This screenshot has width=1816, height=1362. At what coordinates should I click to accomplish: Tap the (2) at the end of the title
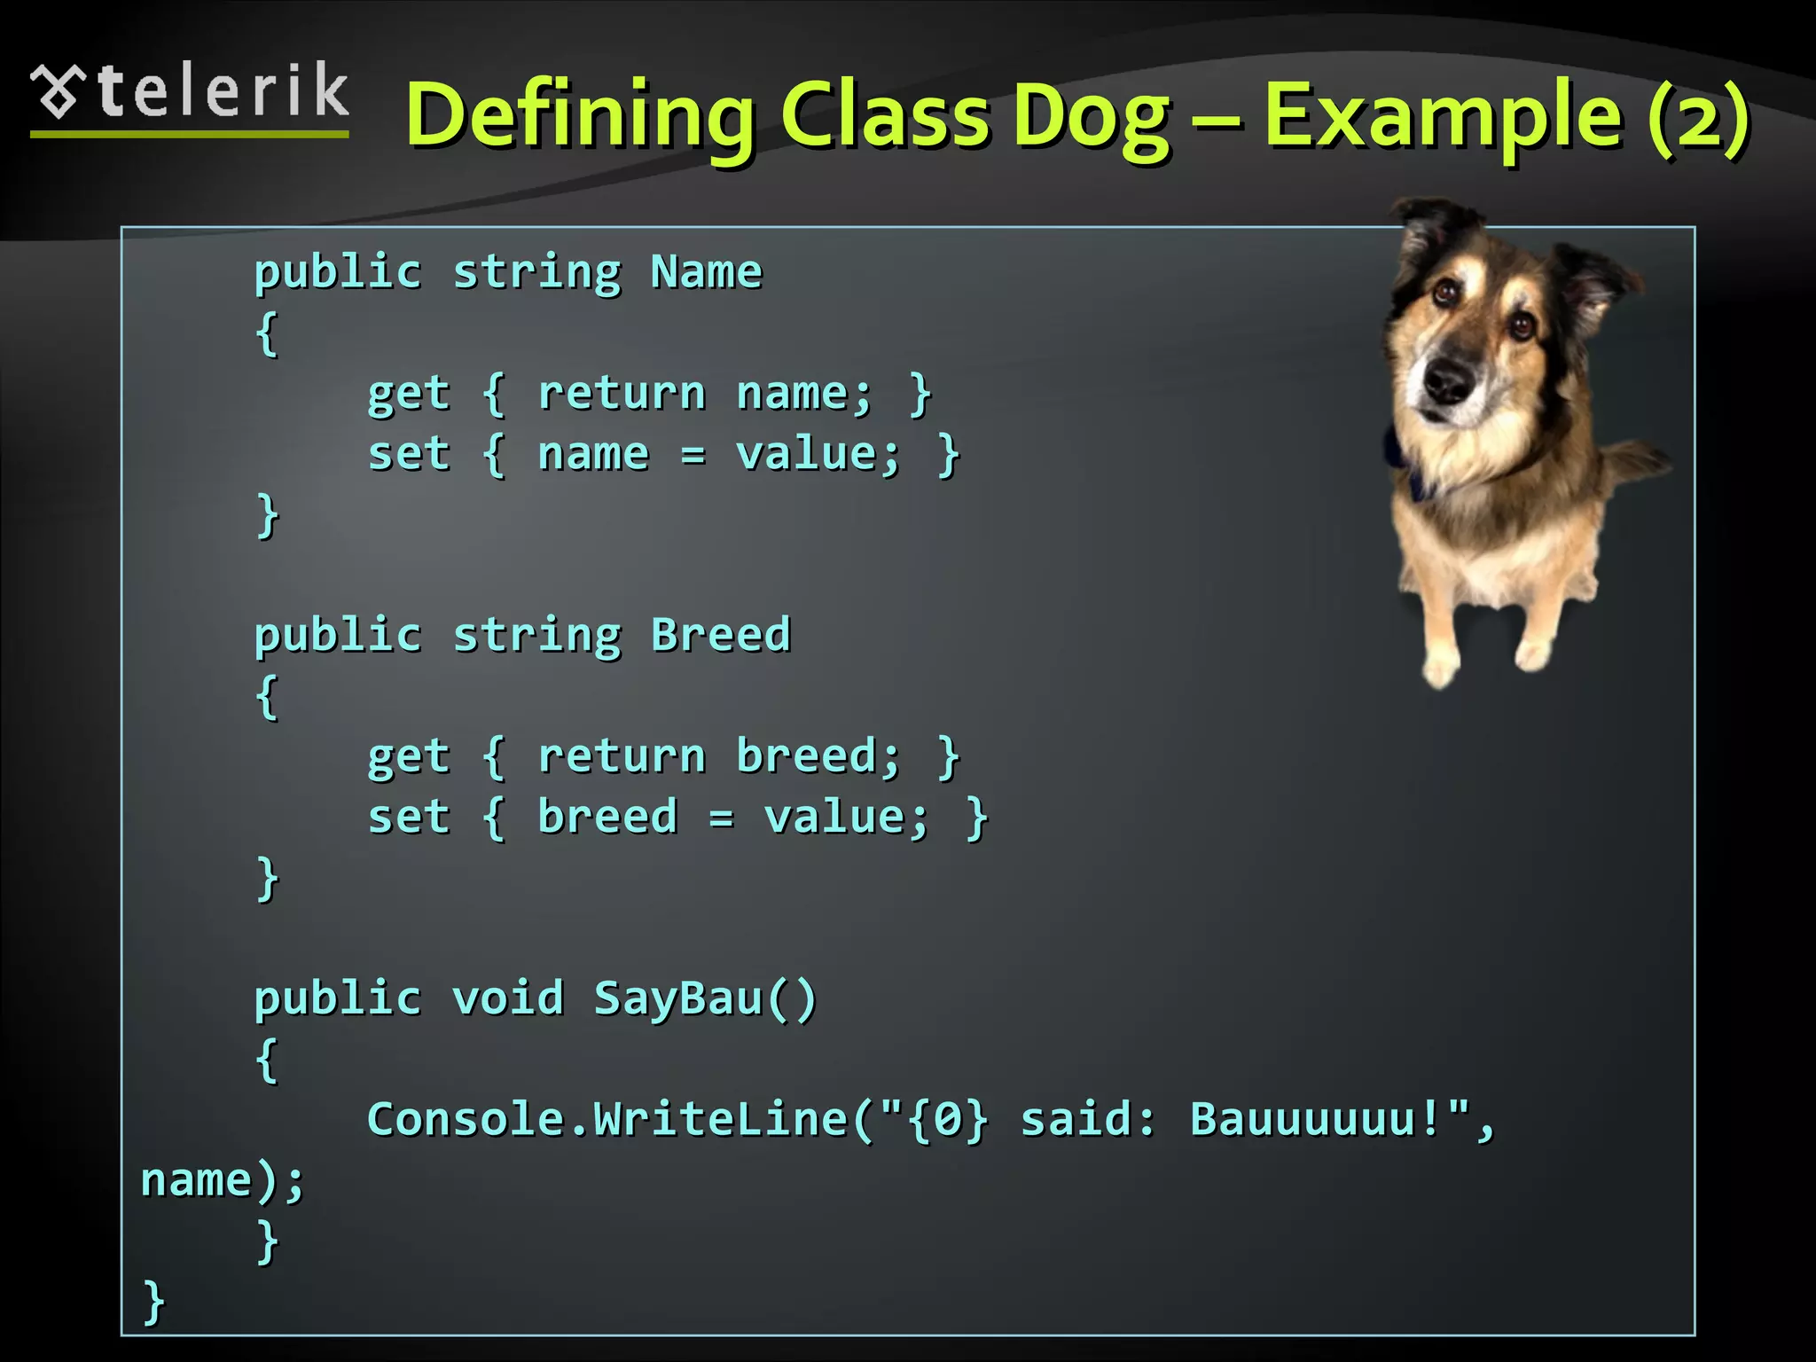click(x=1698, y=115)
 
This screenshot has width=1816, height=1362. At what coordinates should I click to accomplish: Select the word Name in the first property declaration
click(x=706, y=271)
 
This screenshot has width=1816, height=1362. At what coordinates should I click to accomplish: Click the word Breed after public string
click(x=720, y=635)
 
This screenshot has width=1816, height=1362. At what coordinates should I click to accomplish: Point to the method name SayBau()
click(x=704, y=998)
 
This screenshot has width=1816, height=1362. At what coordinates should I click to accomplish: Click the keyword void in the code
click(x=507, y=998)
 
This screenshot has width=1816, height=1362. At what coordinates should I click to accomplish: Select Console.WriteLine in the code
click(x=607, y=1119)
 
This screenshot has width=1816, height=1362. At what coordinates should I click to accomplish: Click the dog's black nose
click(x=1447, y=380)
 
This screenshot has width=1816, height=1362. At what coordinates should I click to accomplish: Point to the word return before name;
click(x=621, y=394)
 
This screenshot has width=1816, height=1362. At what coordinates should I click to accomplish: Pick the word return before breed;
click(x=621, y=757)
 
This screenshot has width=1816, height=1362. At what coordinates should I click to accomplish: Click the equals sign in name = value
click(x=693, y=456)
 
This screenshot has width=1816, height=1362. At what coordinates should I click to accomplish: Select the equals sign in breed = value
click(x=721, y=818)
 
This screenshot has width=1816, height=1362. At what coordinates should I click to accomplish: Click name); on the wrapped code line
click(x=222, y=1181)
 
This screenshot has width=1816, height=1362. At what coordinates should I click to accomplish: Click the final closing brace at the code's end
click(x=153, y=1302)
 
